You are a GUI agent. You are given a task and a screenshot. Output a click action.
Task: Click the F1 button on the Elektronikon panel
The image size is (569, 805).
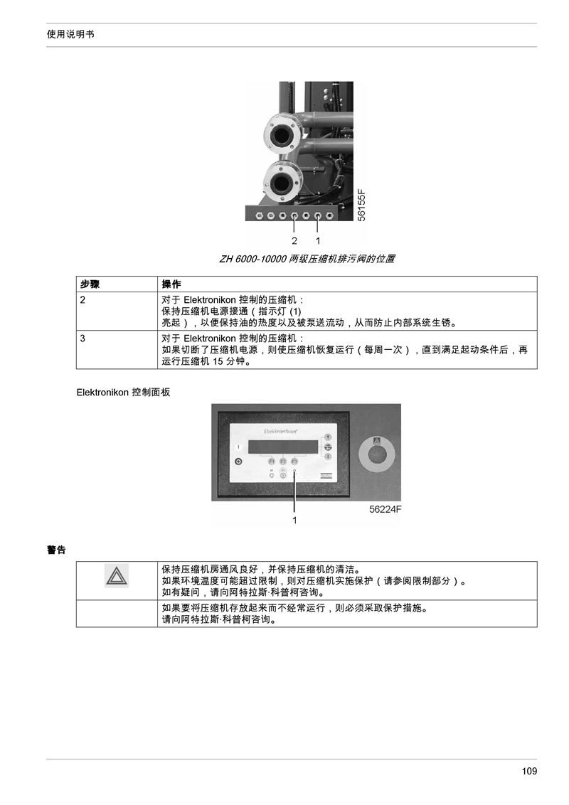coord(272,461)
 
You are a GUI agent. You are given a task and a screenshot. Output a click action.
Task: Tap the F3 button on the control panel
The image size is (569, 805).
coord(294,461)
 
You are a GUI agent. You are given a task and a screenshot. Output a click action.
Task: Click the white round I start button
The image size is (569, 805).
coord(238,447)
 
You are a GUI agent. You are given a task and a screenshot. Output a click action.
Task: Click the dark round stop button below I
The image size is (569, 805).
coord(238,462)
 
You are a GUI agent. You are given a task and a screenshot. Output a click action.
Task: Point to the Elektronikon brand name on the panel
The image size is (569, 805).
coord(280,432)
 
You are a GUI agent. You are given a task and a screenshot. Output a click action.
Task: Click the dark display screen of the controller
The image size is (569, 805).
coord(283,446)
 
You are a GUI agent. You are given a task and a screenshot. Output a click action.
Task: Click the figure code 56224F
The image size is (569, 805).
coord(385,509)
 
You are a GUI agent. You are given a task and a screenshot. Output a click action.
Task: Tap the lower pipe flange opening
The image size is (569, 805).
coord(282,182)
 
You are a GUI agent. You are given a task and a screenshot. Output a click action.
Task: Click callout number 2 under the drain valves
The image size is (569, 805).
coord(294,241)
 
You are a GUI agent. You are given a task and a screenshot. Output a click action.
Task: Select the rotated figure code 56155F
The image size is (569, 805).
coord(361,206)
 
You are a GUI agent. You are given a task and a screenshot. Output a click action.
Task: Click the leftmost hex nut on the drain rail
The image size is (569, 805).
coord(259,215)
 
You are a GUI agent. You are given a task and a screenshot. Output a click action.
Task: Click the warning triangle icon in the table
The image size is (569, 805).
coord(117,575)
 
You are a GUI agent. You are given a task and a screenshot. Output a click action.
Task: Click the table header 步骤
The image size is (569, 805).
coord(90,284)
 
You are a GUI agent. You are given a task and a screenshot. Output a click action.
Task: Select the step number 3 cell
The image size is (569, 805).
coord(117,350)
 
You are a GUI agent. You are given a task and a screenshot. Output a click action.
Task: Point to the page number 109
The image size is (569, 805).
coord(529,771)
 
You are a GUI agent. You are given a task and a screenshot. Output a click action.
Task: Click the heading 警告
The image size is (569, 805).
coord(56,550)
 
